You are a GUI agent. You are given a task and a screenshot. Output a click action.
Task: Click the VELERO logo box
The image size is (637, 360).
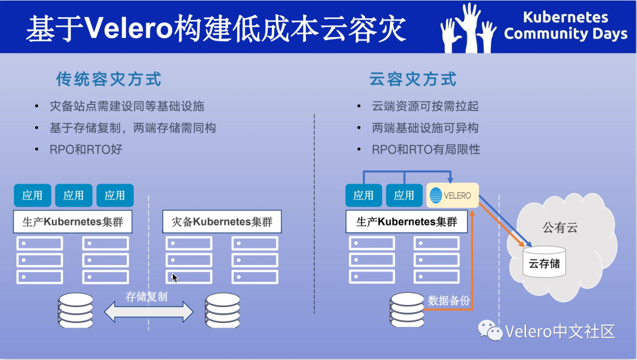(452, 195)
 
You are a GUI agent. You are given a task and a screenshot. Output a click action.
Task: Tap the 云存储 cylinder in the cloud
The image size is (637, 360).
(544, 263)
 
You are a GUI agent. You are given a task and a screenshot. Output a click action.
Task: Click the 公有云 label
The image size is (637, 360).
(560, 227)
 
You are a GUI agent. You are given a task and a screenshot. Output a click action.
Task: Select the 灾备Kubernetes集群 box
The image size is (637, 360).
(221, 222)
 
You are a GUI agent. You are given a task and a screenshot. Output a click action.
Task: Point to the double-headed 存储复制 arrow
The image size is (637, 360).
(149, 312)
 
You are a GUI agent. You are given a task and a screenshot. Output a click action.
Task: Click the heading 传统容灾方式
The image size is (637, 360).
(109, 79)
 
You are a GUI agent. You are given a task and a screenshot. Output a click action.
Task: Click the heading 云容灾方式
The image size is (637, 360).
(413, 79)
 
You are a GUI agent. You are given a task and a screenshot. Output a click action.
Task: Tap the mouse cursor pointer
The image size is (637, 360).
(175, 277)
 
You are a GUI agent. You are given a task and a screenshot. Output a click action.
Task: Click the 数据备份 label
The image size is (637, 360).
(449, 300)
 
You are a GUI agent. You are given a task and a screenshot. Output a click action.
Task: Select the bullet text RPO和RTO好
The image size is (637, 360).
(86, 149)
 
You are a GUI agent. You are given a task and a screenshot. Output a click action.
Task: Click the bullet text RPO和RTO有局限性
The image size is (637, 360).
(426, 149)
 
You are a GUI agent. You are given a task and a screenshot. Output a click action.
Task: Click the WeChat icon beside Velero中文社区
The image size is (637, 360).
(490, 330)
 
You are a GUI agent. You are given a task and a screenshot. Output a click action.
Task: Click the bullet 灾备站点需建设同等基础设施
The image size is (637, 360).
(127, 107)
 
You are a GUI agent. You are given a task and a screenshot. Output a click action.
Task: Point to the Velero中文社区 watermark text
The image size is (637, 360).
(560, 331)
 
